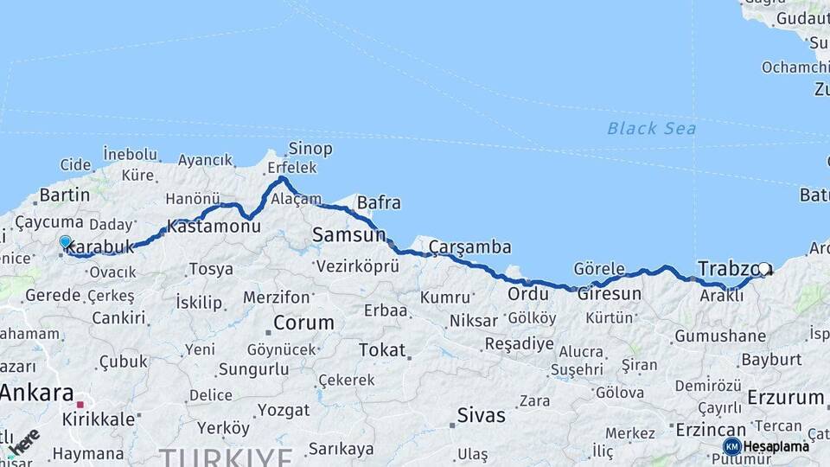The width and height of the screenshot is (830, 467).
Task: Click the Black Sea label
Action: (651, 129)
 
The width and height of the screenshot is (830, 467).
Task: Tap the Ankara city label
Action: (36, 393)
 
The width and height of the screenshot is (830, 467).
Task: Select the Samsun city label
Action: (348, 234)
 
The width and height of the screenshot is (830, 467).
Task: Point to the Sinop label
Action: (310, 149)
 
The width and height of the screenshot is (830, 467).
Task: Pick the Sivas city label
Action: (481, 415)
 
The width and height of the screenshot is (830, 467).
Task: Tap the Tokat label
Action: (381, 350)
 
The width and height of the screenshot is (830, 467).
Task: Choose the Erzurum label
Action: (785, 398)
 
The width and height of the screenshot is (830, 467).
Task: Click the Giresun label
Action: (610, 294)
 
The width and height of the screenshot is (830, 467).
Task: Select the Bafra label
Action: (379, 203)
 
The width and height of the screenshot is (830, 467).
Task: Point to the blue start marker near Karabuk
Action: (65, 242)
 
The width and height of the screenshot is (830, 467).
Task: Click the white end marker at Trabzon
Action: (763, 269)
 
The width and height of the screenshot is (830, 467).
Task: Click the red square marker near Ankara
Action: (80, 404)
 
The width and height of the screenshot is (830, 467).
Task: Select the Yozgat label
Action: (284, 410)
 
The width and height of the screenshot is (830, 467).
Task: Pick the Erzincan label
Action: (710, 430)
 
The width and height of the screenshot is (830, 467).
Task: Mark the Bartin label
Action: (65, 195)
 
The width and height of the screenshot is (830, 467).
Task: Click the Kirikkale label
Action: (99, 419)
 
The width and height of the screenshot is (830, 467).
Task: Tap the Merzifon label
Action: (276, 297)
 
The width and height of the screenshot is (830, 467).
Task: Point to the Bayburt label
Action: (771, 359)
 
